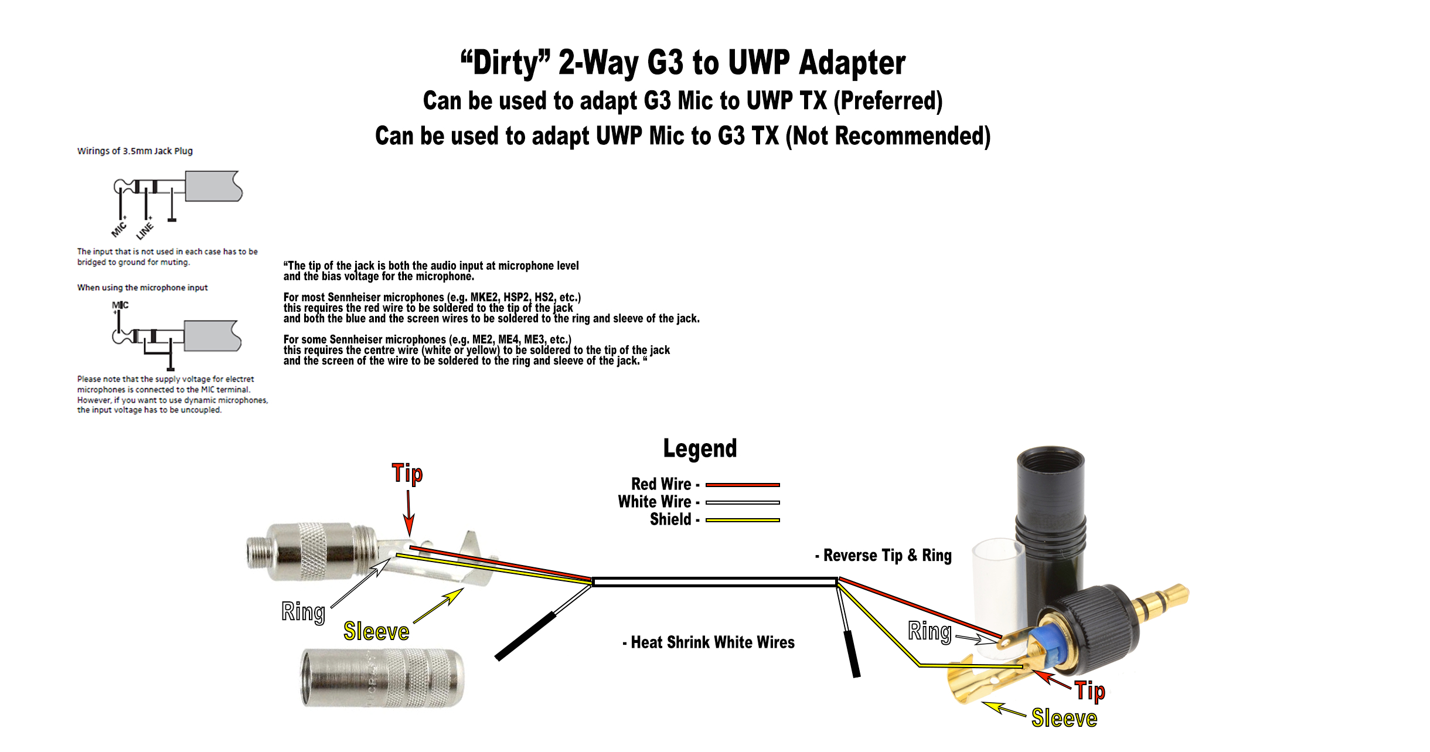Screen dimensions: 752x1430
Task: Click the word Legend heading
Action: [700, 449]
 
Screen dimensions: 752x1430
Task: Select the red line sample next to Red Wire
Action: [742, 485]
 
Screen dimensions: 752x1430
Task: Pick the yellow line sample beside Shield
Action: [742, 520]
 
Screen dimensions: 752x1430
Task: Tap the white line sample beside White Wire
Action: [742, 502]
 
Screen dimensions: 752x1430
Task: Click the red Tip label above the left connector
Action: [407, 474]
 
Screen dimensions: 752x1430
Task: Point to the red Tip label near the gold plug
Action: [1089, 691]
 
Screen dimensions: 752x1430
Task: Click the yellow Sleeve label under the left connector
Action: [376, 632]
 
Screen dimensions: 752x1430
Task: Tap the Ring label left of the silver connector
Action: [303, 611]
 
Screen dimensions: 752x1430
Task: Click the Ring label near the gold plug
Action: [930, 631]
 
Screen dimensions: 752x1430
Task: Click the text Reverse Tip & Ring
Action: [887, 555]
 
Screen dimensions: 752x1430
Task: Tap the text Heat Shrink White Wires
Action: [712, 642]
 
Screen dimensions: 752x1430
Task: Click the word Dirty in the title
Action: [506, 63]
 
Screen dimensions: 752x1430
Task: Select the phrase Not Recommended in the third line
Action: [887, 136]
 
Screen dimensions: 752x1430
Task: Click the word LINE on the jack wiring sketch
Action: [145, 230]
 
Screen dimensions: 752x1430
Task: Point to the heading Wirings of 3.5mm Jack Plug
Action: [135, 151]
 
